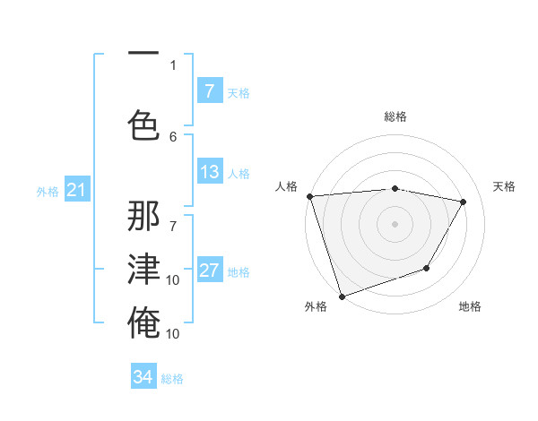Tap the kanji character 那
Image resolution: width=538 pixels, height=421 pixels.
pos(143,216)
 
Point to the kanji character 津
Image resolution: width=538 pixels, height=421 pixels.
pos(143,270)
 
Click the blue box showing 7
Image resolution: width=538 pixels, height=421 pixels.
pos(209,91)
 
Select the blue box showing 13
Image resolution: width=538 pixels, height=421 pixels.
pos(209,172)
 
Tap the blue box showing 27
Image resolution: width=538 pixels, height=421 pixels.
pos(209,271)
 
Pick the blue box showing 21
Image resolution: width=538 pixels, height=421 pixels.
pos(75,190)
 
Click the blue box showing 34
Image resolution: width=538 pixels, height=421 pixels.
pos(143,377)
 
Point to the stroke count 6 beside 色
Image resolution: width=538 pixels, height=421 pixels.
pos(173,136)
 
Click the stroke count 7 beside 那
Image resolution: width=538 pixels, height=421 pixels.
pos(173,216)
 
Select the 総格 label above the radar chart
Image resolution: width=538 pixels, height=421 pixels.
pos(395,116)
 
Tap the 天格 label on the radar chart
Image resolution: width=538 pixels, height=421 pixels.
pos(505,186)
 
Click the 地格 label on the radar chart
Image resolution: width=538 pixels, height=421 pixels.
pos(470,306)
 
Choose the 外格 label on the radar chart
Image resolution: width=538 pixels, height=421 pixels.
pos(316,306)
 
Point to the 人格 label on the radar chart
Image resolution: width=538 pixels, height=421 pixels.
pos(287,186)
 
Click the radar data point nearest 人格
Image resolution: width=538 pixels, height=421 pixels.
pos(309,196)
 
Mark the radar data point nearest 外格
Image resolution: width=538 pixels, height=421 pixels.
pos(342,296)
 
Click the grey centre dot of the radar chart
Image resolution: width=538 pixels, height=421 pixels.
pos(395,224)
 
